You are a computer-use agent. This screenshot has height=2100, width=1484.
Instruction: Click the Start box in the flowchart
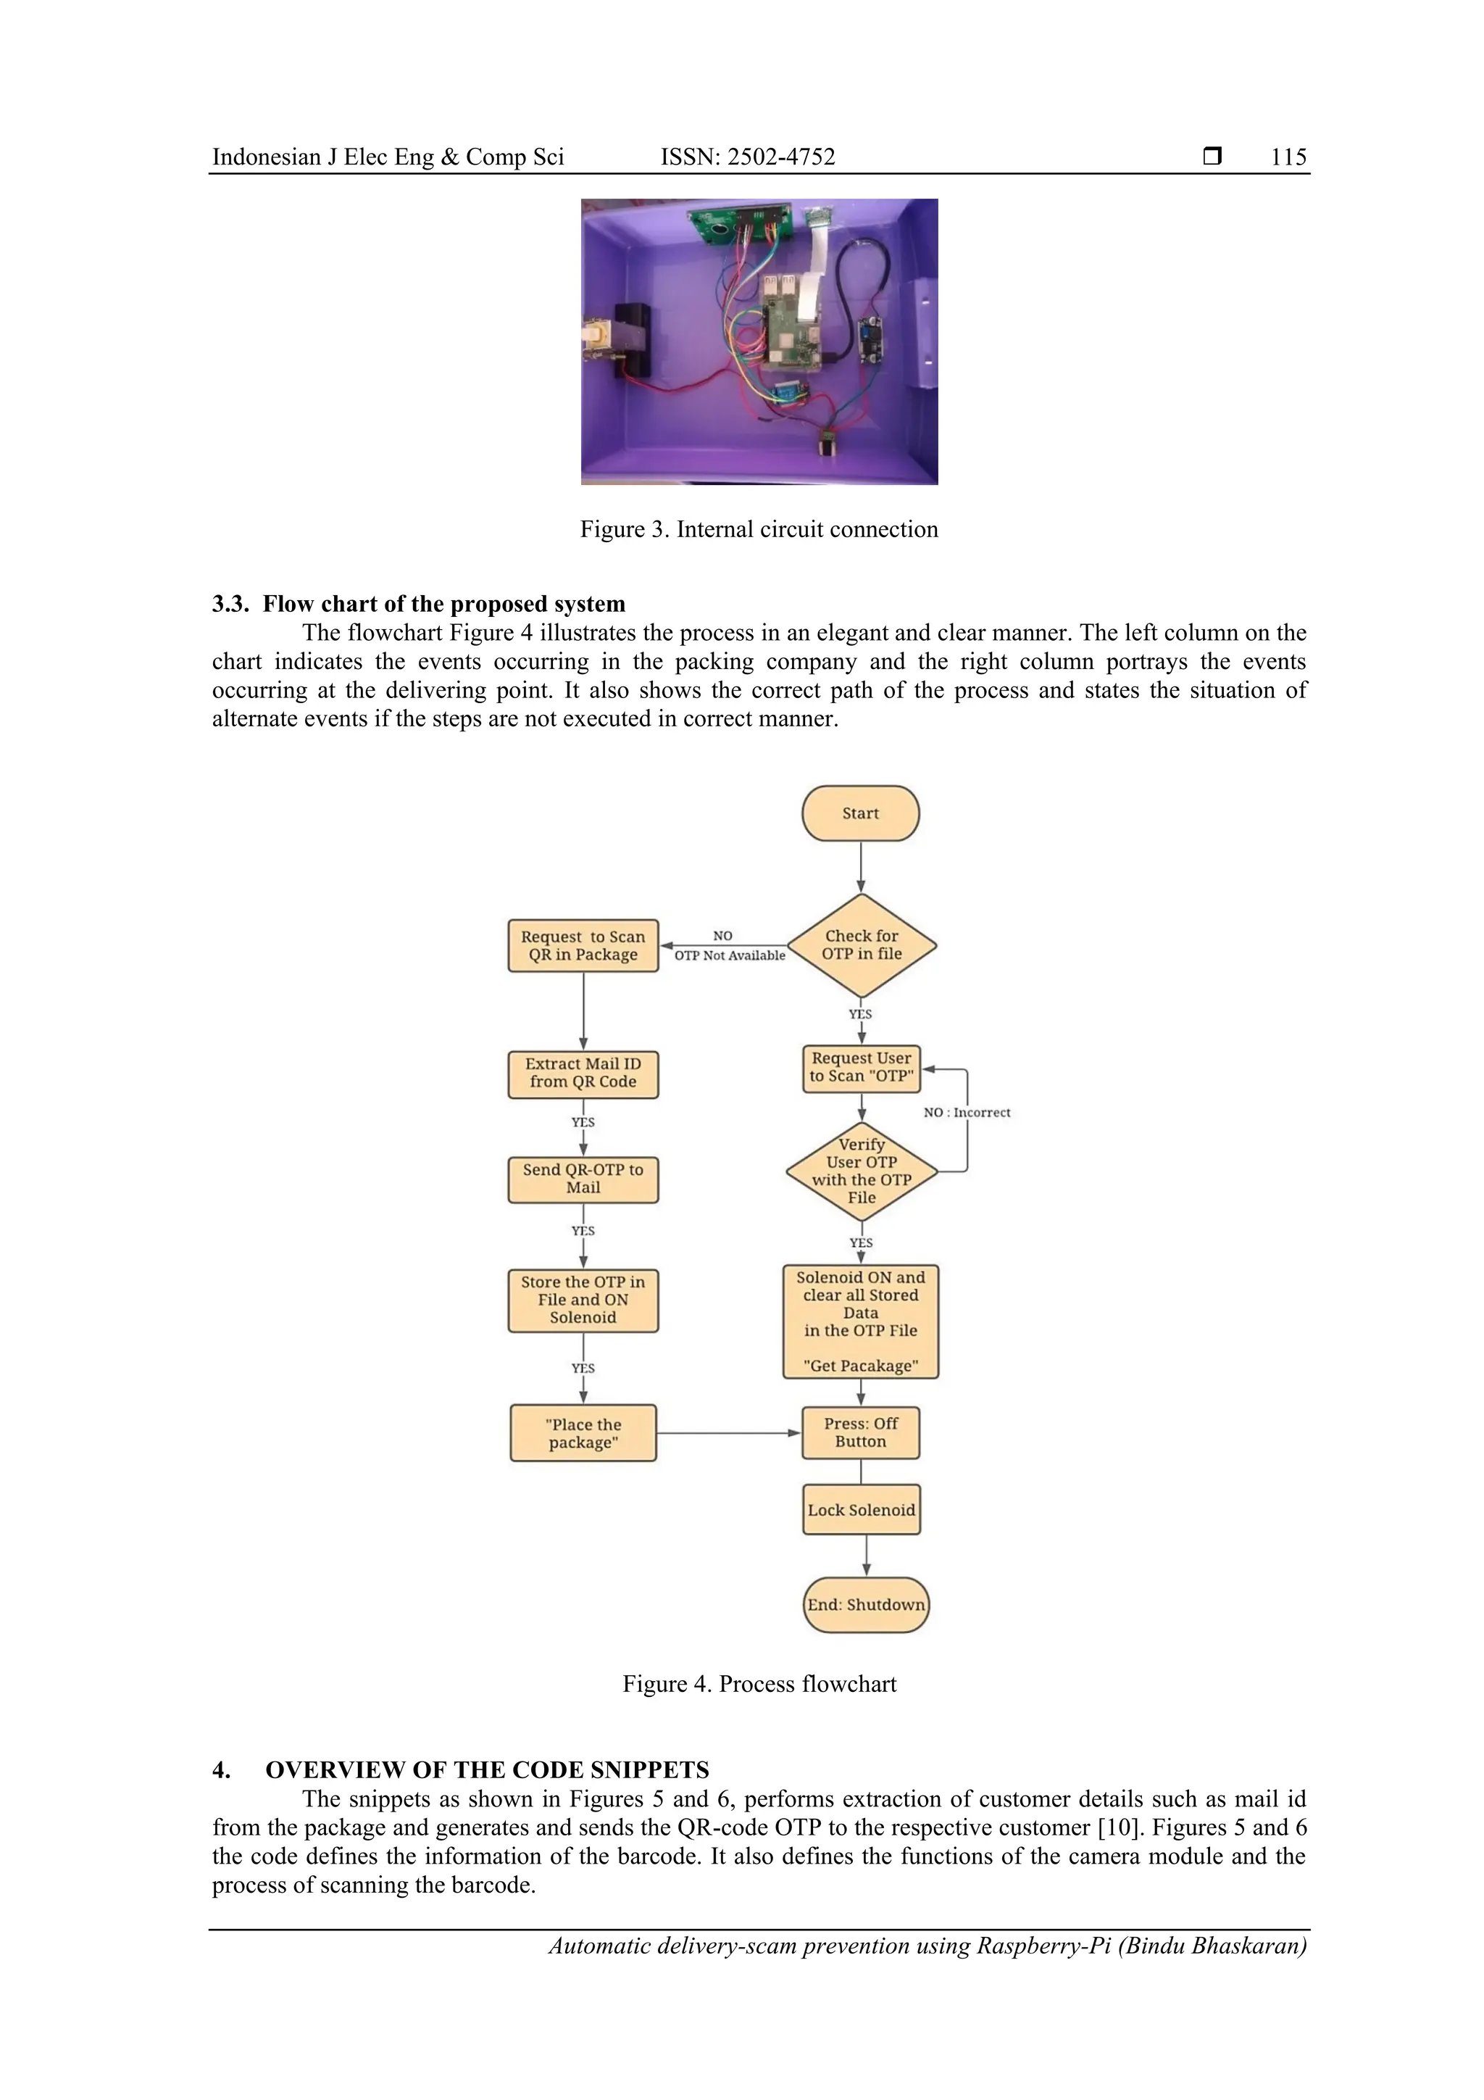[859, 813]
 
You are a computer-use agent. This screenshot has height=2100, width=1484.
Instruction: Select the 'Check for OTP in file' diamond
[862, 945]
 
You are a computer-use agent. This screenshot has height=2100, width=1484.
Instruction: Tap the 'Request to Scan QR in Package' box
[583, 946]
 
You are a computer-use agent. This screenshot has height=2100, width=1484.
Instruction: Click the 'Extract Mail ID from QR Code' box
[583, 1073]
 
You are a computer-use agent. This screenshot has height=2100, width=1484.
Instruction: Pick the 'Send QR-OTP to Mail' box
[583, 1179]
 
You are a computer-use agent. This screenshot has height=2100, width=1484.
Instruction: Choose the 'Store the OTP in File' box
[583, 1300]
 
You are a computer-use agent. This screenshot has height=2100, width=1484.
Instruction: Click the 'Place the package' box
[583, 1433]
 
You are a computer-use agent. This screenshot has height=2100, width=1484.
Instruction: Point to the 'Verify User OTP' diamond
[862, 1171]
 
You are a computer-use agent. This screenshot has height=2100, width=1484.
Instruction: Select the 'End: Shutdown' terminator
[866, 1605]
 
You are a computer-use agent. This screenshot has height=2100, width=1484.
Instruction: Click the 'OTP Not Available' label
[730, 956]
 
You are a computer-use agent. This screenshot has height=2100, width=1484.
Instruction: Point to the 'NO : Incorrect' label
[967, 1113]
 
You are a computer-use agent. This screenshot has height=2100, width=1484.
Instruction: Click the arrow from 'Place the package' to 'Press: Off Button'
[729, 1433]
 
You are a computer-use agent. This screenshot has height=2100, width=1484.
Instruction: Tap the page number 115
[1288, 157]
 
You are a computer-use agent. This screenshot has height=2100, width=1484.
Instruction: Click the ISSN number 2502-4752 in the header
[747, 157]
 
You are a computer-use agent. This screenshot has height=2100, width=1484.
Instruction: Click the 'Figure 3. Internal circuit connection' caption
[759, 530]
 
